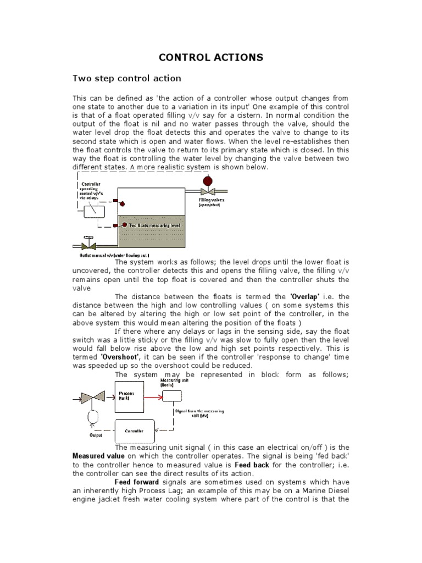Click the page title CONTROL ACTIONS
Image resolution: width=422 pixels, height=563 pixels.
click(x=211, y=57)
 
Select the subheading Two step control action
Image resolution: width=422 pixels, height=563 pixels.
click(x=127, y=79)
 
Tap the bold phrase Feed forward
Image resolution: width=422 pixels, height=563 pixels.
click(x=136, y=482)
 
